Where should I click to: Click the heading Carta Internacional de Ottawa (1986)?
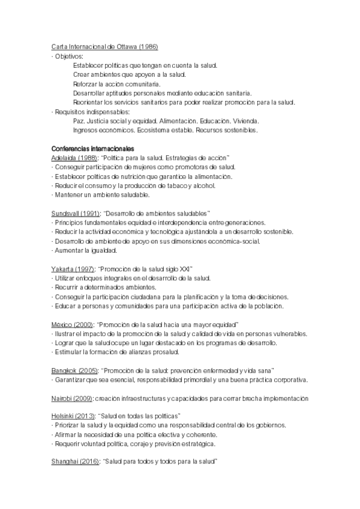[x=105, y=47]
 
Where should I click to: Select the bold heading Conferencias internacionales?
[x=92, y=148]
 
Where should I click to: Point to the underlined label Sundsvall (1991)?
[x=76, y=213]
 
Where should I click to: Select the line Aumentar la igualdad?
[x=85, y=250]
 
